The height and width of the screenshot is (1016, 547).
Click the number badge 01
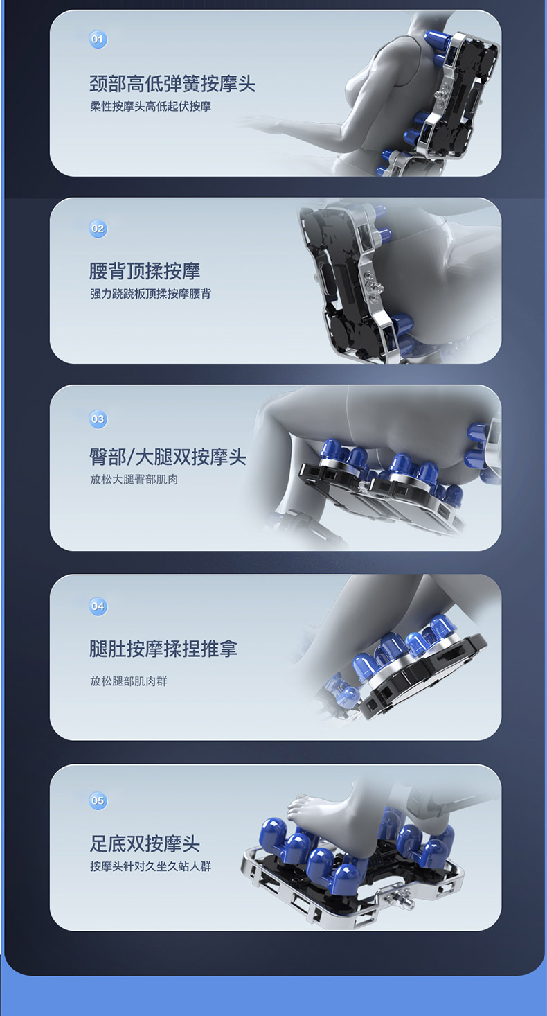98,39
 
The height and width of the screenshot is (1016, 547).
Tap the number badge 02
98,228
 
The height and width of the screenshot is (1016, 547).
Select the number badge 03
98,419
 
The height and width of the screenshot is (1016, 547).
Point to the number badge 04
98,606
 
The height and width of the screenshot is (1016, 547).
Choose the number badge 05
98,800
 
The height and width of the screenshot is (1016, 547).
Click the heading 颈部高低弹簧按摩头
172,83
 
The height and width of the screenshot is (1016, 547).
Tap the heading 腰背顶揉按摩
145,271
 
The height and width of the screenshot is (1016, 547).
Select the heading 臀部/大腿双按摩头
168,457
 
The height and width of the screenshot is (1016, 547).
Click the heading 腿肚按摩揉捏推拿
163,649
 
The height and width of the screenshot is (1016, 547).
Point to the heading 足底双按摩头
145,843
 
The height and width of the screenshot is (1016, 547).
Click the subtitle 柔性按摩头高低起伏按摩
150,107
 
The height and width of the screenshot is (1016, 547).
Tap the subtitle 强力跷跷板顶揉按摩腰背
150,294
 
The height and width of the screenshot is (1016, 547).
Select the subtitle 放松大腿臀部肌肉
134,480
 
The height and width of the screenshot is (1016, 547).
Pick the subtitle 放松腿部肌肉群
129,681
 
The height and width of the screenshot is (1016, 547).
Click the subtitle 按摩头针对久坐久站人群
150,866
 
